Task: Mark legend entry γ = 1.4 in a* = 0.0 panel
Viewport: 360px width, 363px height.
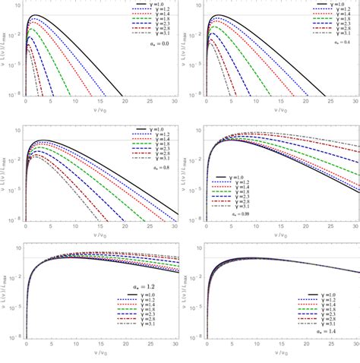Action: coord(159,17)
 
